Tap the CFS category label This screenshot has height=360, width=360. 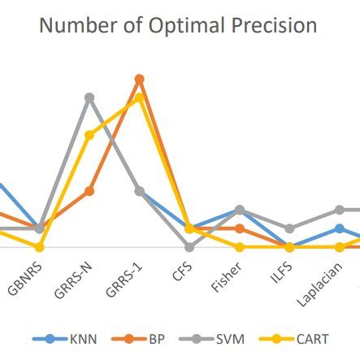(182, 270)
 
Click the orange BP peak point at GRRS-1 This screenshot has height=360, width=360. (139, 79)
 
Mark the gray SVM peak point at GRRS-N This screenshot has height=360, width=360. (89, 98)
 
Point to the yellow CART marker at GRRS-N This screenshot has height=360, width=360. (89, 135)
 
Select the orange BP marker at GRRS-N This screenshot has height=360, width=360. (89, 191)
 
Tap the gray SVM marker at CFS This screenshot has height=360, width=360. (189, 247)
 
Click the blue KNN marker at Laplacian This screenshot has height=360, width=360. (340, 228)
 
